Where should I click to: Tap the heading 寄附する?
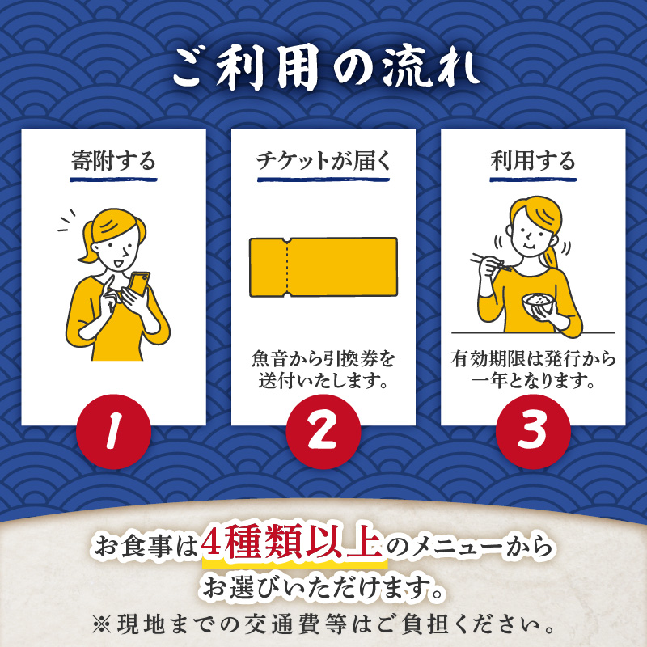[113, 160]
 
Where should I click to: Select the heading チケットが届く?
[323, 160]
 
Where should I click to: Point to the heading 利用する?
[533, 160]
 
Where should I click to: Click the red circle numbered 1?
[113, 431]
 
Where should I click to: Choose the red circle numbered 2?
[323, 431]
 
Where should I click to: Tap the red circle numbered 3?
[533, 431]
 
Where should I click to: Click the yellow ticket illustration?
[323, 267]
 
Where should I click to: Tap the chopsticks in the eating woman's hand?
[491, 262]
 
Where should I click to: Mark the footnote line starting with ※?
[323, 624]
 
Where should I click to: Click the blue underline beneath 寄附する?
[113, 180]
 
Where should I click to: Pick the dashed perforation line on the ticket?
[287, 267]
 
